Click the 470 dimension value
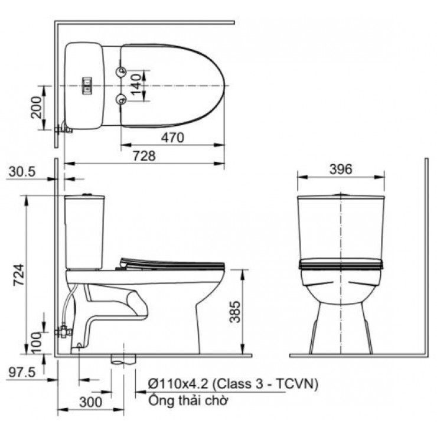tap(172, 137)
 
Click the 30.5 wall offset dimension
tap(23, 171)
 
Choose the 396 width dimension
tap(340, 169)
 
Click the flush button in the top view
tap(87, 85)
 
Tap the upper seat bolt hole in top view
tap(122, 71)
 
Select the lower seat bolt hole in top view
tap(122, 99)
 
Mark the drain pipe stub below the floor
tap(123, 360)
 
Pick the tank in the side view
tap(86, 230)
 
